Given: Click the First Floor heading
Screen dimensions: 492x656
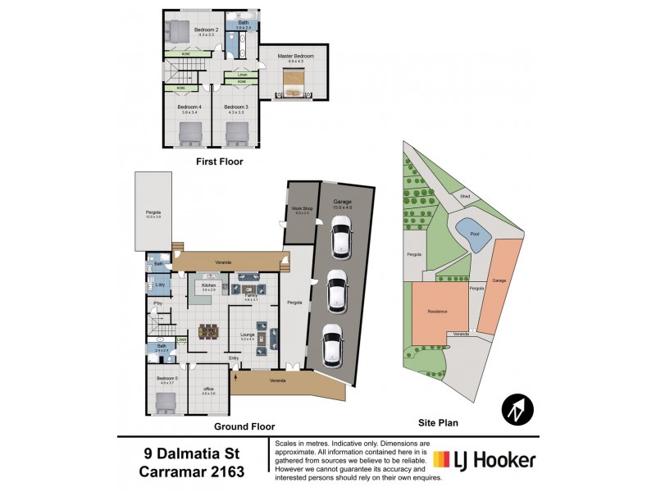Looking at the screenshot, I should tap(219, 162).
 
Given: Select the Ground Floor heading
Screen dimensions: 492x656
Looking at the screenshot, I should tap(244, 426).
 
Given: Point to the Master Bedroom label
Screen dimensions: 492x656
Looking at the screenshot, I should tap(295, 56).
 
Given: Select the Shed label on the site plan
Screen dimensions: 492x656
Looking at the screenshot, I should tap(464, 197).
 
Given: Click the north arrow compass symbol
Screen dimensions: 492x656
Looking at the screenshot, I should tap(517, 408).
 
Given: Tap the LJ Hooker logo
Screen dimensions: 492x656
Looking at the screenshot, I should tap(484, 460).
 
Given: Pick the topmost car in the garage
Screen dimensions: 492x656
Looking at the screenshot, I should tap(338, 240).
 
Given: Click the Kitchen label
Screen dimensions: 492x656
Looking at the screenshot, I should tap(209, 285).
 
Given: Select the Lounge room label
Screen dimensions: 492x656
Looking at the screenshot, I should tap(247, 334).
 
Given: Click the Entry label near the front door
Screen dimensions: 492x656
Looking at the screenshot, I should tap(234, 358).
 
